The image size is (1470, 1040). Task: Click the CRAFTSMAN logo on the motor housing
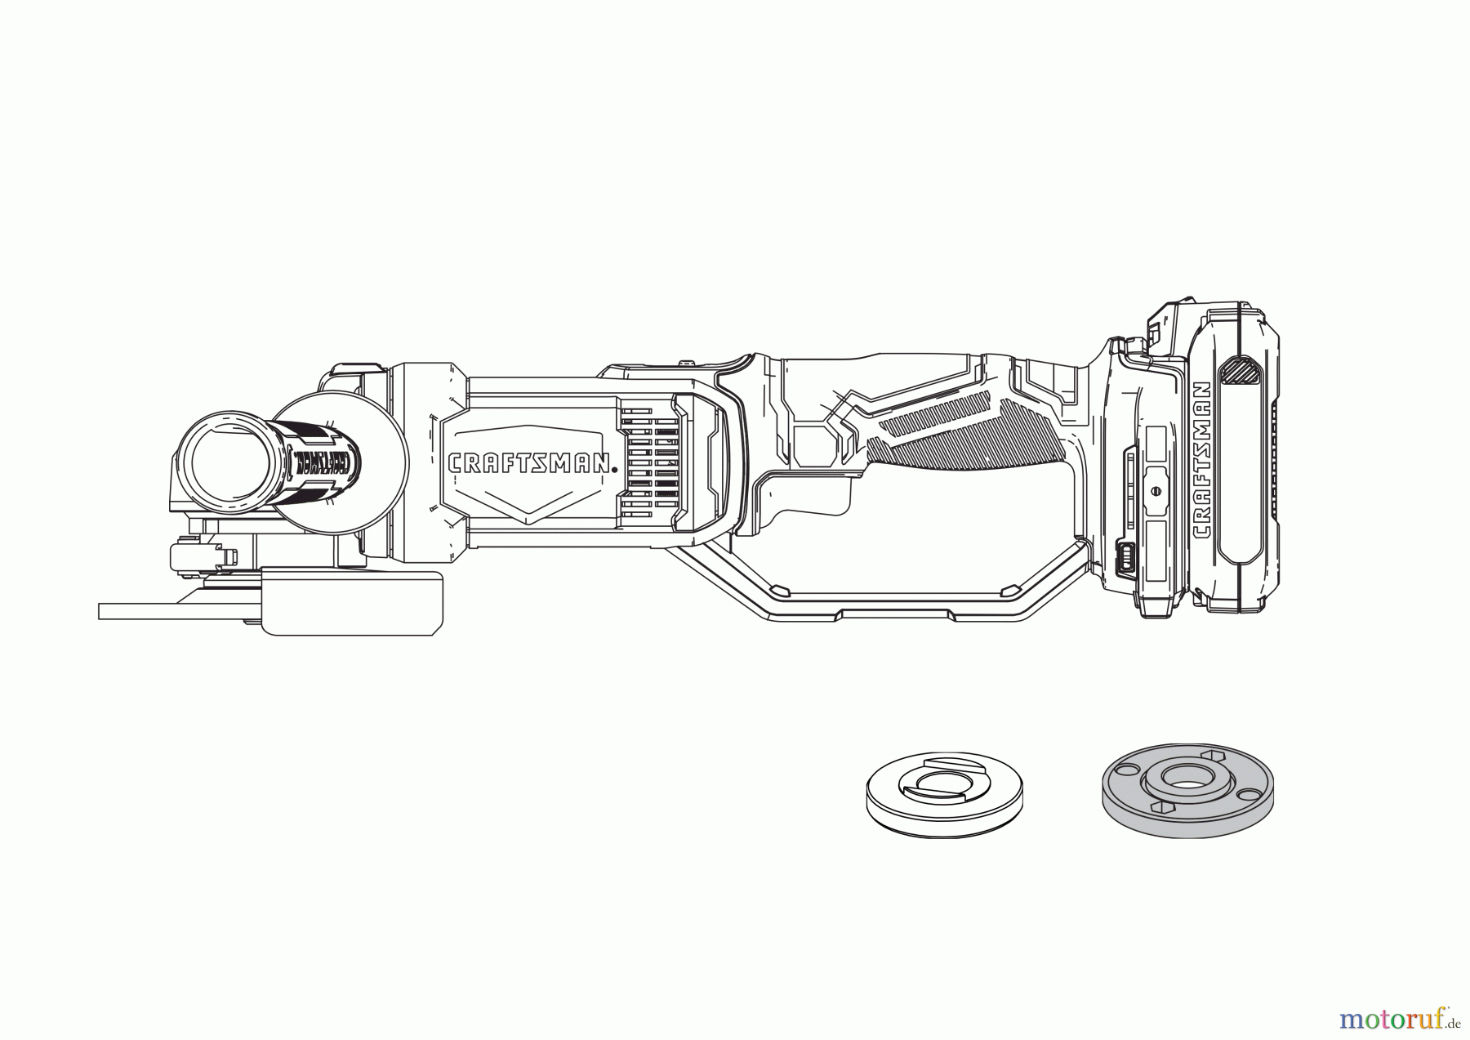coord(532,463)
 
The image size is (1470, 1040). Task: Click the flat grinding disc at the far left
coord(180,611)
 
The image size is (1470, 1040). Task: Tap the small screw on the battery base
coord(1155,490)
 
